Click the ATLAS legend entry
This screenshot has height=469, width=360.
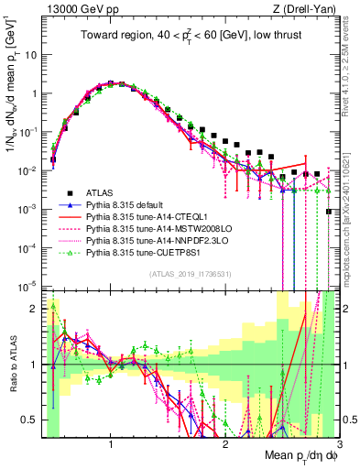click(x=102, y=191)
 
